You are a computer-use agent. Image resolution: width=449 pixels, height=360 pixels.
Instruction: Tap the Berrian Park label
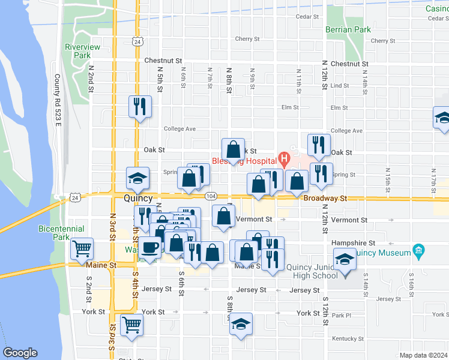point(348,29)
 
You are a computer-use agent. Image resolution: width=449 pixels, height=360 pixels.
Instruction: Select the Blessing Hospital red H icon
point(284,160)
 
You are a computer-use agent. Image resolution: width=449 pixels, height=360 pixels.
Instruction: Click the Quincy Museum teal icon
point(419,251)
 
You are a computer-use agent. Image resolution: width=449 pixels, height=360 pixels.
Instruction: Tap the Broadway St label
point(325,198)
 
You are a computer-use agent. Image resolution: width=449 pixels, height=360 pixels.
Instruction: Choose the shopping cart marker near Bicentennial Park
point(82,248)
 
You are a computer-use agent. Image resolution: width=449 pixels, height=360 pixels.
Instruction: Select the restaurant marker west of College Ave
point(140,107)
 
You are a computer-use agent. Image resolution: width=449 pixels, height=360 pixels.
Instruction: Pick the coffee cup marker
point(150,247)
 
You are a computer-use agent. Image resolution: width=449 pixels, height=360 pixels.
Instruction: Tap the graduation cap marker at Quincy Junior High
point(345,260)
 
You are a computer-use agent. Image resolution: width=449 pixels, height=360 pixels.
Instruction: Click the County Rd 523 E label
point(58,100)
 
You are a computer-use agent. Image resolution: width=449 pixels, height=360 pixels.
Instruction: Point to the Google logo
point(20,353)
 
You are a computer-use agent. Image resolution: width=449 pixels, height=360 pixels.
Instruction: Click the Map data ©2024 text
point(423,355)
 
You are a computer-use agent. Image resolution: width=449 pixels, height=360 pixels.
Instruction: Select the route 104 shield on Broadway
point(210,196)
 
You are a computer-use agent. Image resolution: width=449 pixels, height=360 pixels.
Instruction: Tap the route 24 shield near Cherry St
point(138,41)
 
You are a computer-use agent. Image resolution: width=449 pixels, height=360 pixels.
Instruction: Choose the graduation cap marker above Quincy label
point(137,178)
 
